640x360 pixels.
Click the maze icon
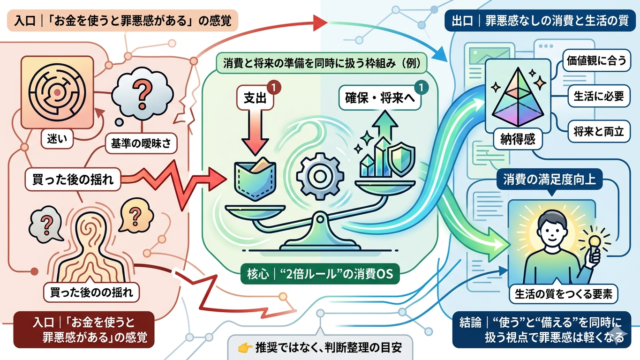tap(58, 93)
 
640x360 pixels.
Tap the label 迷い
tap(57, 139)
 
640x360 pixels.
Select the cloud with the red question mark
tap(142, 96)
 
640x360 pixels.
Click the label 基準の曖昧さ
tap(141, 143)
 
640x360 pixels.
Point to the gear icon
tap(320, 176)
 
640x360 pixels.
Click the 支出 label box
tap(255, 98)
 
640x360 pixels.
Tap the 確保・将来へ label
tap(379, 98)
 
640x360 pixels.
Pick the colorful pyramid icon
tap(518, 97)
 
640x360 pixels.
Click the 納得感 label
tap(517, 140)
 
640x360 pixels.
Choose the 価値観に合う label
tap(596, 60)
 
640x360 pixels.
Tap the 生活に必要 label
tap(599, 96)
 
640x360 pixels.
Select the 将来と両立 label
tap(599, 131)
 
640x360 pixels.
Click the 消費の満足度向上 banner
tap(549, 179)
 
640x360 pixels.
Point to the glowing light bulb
tap(594, 242)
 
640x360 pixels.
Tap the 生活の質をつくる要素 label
tap(563, 294)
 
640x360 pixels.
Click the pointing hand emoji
tap(245, 348)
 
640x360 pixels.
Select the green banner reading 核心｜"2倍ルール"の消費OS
tap(320, 273)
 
